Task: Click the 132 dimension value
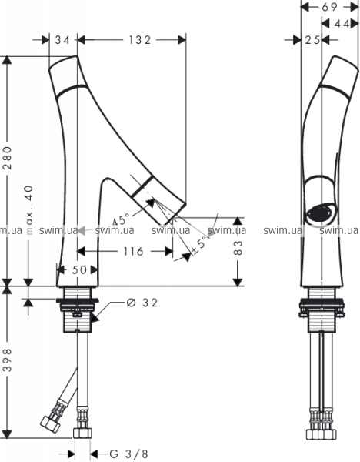click(x=140, y=40)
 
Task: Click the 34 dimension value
click(x=63, y=40)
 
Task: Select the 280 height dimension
click(x=8, y=158)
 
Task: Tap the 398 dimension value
click(x=8, y=360)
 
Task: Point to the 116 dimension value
click(x=133, y=251)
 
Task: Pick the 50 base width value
click(x=79, y=269)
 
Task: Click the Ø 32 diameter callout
click(x=142, y=303)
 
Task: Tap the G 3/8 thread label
click(x=128, y=454)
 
